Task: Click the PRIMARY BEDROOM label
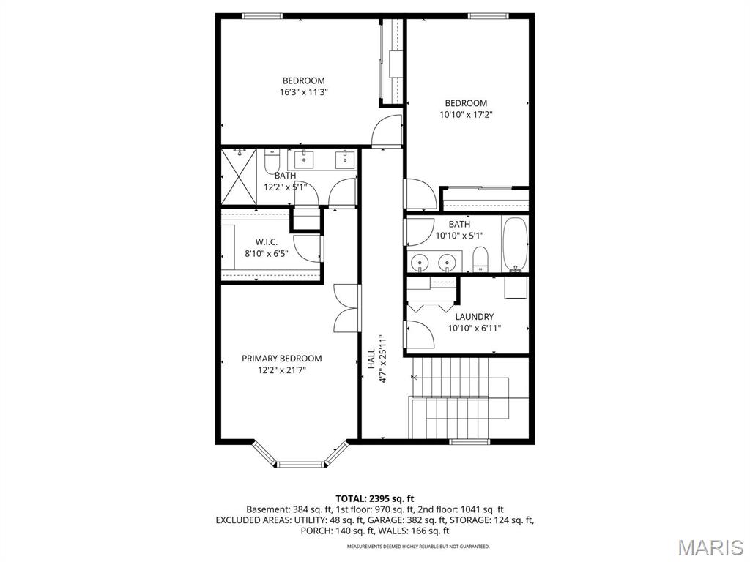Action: click(282, 359)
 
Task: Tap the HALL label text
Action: click(371, 359)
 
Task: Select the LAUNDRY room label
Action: click(474, 317)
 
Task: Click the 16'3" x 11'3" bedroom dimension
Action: click(303, 93)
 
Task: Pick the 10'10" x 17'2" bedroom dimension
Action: click(466, 116)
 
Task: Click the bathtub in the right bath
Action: click(515, 244)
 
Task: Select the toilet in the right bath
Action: click(480, 258)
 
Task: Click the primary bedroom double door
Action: click(346, 307)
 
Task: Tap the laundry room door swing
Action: click(420, 334)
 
